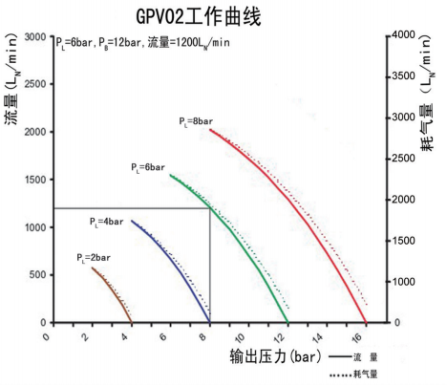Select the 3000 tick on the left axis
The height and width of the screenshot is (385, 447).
(35, 36)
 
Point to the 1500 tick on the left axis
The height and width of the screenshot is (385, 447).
(35, 180)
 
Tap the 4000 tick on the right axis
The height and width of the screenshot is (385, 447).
(401, 34)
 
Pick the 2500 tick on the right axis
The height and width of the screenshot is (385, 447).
(401, 159)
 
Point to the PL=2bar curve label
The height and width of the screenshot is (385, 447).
(94, 258)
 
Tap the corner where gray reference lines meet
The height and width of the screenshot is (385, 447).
(210, 208)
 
